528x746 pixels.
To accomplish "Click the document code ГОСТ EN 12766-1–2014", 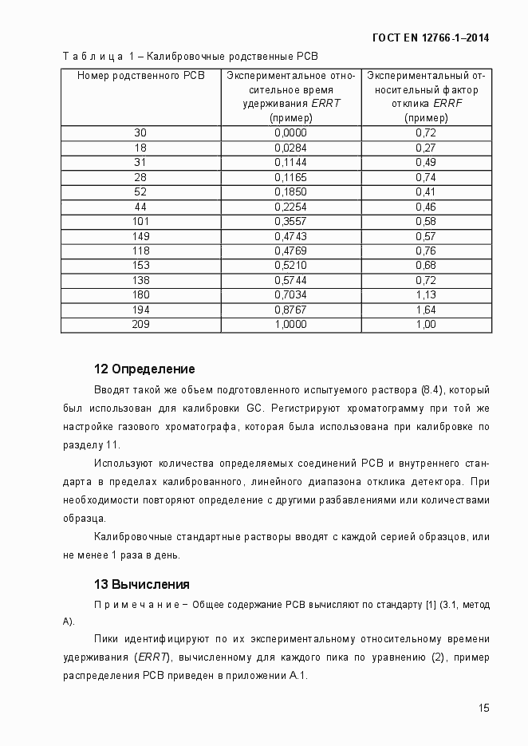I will (x=431, y=37).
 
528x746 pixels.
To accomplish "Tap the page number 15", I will (x=483, y=708).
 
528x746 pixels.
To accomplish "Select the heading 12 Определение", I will (x=144, y=369).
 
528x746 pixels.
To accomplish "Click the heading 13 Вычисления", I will (x=142, y=584).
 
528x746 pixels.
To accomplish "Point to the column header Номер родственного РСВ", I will (x=140, y=75).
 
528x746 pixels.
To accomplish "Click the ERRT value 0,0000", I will (x=290, y=132).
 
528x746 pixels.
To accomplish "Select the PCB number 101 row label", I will (x=140, y=220).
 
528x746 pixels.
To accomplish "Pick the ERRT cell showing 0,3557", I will (x=290, y=220).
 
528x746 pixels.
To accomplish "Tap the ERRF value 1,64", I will (x=426, y=310).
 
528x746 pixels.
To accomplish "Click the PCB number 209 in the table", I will (x=140, y=324).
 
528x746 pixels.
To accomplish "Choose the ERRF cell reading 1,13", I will (x=426, y=294).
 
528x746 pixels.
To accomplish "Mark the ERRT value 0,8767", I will (x=290, y=310).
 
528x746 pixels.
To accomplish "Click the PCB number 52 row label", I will (x=140, y=191).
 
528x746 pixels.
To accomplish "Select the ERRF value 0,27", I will (x=426, y=148).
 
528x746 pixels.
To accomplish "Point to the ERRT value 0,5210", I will (x=290, y=265).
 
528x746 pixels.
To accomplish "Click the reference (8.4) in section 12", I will (x=430, y=390).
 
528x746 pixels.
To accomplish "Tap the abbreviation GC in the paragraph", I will (x=254, y=409).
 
